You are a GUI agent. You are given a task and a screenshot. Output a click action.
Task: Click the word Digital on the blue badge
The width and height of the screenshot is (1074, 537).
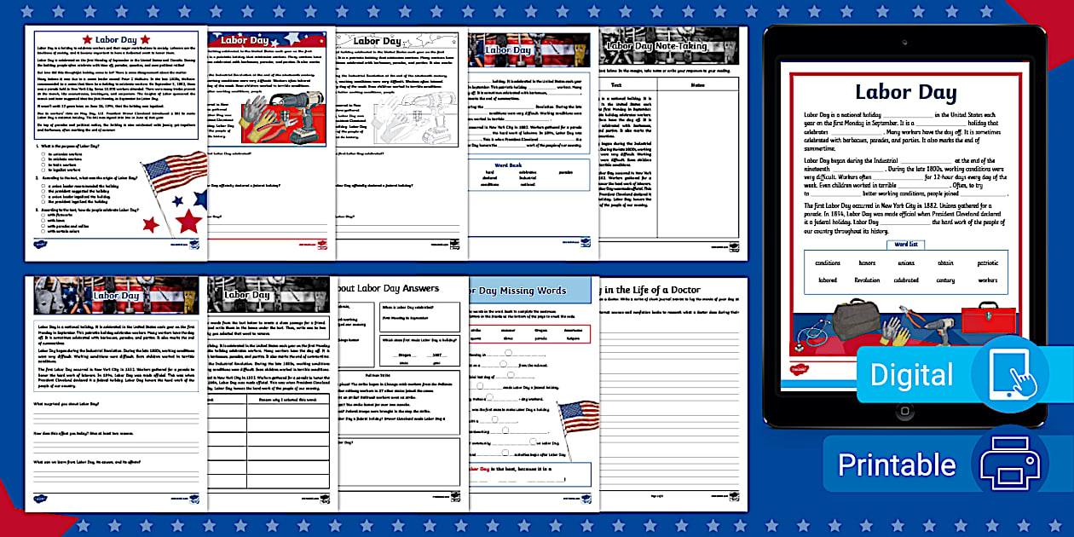point(911,375)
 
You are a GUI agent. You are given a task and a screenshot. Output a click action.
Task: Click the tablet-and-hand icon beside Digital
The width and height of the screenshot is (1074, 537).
point(1009,374)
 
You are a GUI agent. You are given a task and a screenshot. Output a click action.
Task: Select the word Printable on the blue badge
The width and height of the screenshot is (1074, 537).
point(897,465)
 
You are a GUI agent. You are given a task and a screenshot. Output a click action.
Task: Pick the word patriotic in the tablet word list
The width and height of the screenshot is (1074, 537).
point(987,263)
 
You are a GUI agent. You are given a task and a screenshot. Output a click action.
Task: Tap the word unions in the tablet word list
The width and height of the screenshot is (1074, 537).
point(906,263)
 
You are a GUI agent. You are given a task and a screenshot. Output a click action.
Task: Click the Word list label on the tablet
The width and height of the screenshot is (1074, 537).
point(906,245)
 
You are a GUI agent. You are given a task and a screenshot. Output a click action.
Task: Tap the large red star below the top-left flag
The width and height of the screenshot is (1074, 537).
point(188,221)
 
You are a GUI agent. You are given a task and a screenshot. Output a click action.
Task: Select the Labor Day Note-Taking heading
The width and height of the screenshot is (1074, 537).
point(668,46)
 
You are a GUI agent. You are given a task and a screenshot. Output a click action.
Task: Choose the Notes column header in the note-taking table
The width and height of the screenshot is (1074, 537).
point(697,85)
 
